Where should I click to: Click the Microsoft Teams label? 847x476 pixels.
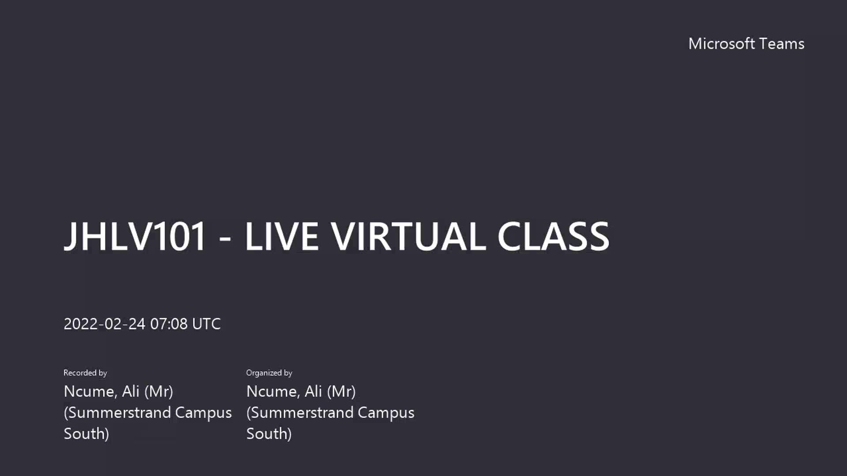746,44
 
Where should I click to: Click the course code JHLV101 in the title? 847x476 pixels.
135,236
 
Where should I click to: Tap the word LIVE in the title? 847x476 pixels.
281,236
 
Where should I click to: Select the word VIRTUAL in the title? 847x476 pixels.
409,236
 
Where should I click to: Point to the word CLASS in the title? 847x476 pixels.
553,236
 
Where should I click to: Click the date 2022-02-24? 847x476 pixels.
105,324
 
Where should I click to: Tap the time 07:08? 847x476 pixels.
169,324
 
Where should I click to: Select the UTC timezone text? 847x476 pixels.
206,324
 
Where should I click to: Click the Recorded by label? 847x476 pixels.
85,373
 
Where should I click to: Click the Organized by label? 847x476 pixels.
269,373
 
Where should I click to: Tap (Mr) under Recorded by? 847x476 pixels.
159,391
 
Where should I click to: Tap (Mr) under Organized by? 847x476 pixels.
341,391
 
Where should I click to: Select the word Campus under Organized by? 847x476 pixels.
386,413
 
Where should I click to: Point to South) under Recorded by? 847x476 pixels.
86,434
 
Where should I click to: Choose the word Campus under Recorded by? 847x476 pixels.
203,413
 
